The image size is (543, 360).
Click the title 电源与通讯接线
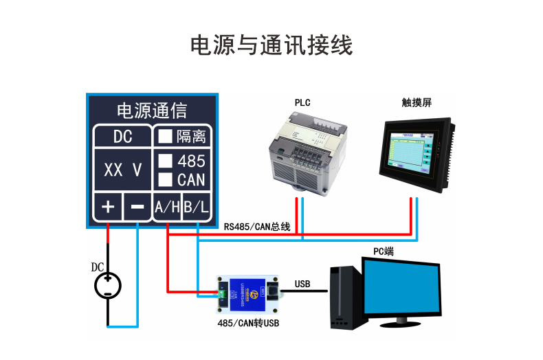pyautogui.click(x=271, y=45)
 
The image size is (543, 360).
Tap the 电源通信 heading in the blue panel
pyautogui.click(x=153, y=111)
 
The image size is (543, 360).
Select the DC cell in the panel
pyautogui.click(x=122, y=136)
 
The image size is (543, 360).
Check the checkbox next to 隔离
pyautogui.click(x=165, y=136)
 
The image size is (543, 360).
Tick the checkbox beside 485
pyautogui.click(x=165, y=161)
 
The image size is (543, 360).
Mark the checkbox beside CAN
pyautogui.click(x=165, y=179)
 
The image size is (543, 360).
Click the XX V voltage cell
pyautogui.click(x=122, y=170)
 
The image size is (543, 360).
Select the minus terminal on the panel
pyautogui.click(x=137, y=207)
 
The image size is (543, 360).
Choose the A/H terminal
pyautogui.click(x=167, y=207)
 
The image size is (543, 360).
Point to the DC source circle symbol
pyautogui.click(x=108, y=284)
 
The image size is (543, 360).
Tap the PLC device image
pyautogui.click(x=305, y=155)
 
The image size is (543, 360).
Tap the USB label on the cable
pyautogui.click(x=302, y=284)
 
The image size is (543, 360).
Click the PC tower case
pyautogui.click(x=346, y=297)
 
